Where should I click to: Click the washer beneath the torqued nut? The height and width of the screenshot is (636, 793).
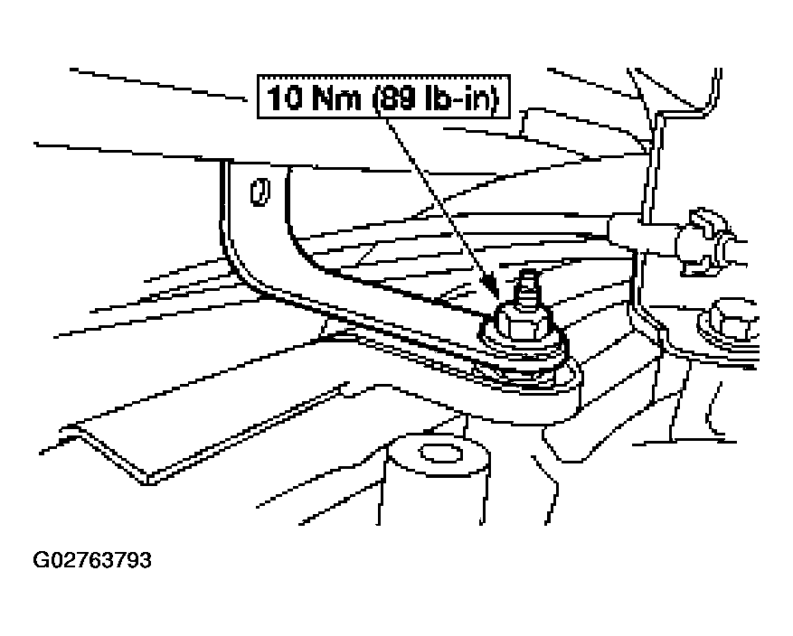(x=524, y=348)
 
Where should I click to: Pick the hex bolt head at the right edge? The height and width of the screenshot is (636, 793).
(x=729, y=318)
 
